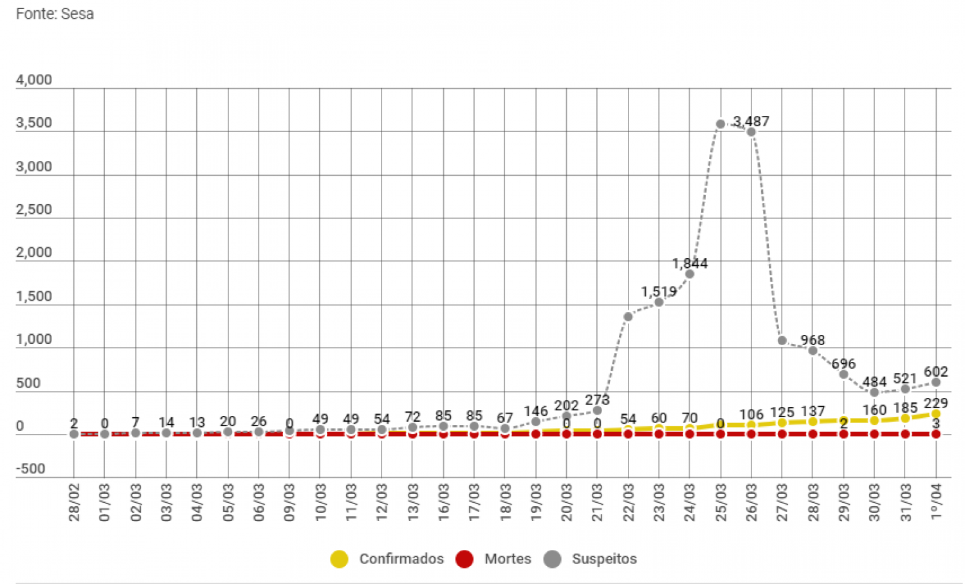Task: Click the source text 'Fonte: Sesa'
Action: (55, 14)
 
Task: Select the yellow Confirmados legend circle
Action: (339, 559)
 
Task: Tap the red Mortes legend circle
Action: (464, 559)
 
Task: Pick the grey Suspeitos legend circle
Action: (552, 559)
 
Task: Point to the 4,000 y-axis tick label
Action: (34, 80)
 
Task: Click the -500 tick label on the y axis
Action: (31, 469)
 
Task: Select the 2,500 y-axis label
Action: (34, 209)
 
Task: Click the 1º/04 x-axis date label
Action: (936, 501)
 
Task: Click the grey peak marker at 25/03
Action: (721, 124)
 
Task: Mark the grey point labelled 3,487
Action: (751, 132)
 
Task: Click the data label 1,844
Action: (690, 263)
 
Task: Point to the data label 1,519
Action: (659, 292)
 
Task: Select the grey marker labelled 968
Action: (813, 351)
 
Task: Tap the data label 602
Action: (936, 372)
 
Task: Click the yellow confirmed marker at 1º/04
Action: (936, 414)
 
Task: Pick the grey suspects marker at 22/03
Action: (628, 316)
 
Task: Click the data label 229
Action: (936, 403)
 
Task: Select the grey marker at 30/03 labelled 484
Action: (874, 392)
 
